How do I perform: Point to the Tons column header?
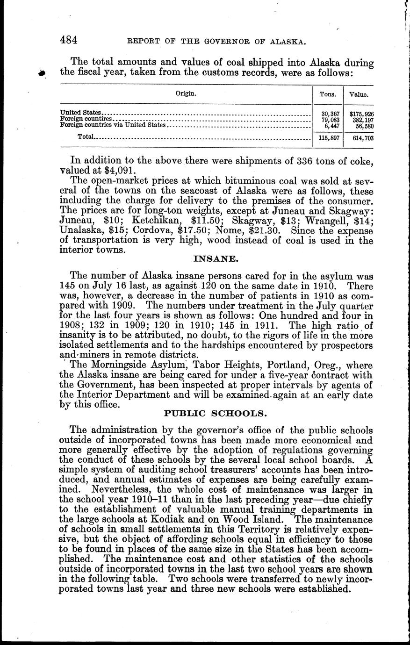pyautogui.click(x=327, y=94)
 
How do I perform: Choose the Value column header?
pyautogui.click(x=359, y=94)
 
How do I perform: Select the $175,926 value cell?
pyautogui.click(x=361, y=114)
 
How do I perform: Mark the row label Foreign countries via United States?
pyautogui.click(x=113, y=125)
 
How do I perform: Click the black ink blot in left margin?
pyautogui.click(x=43, y=72)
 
